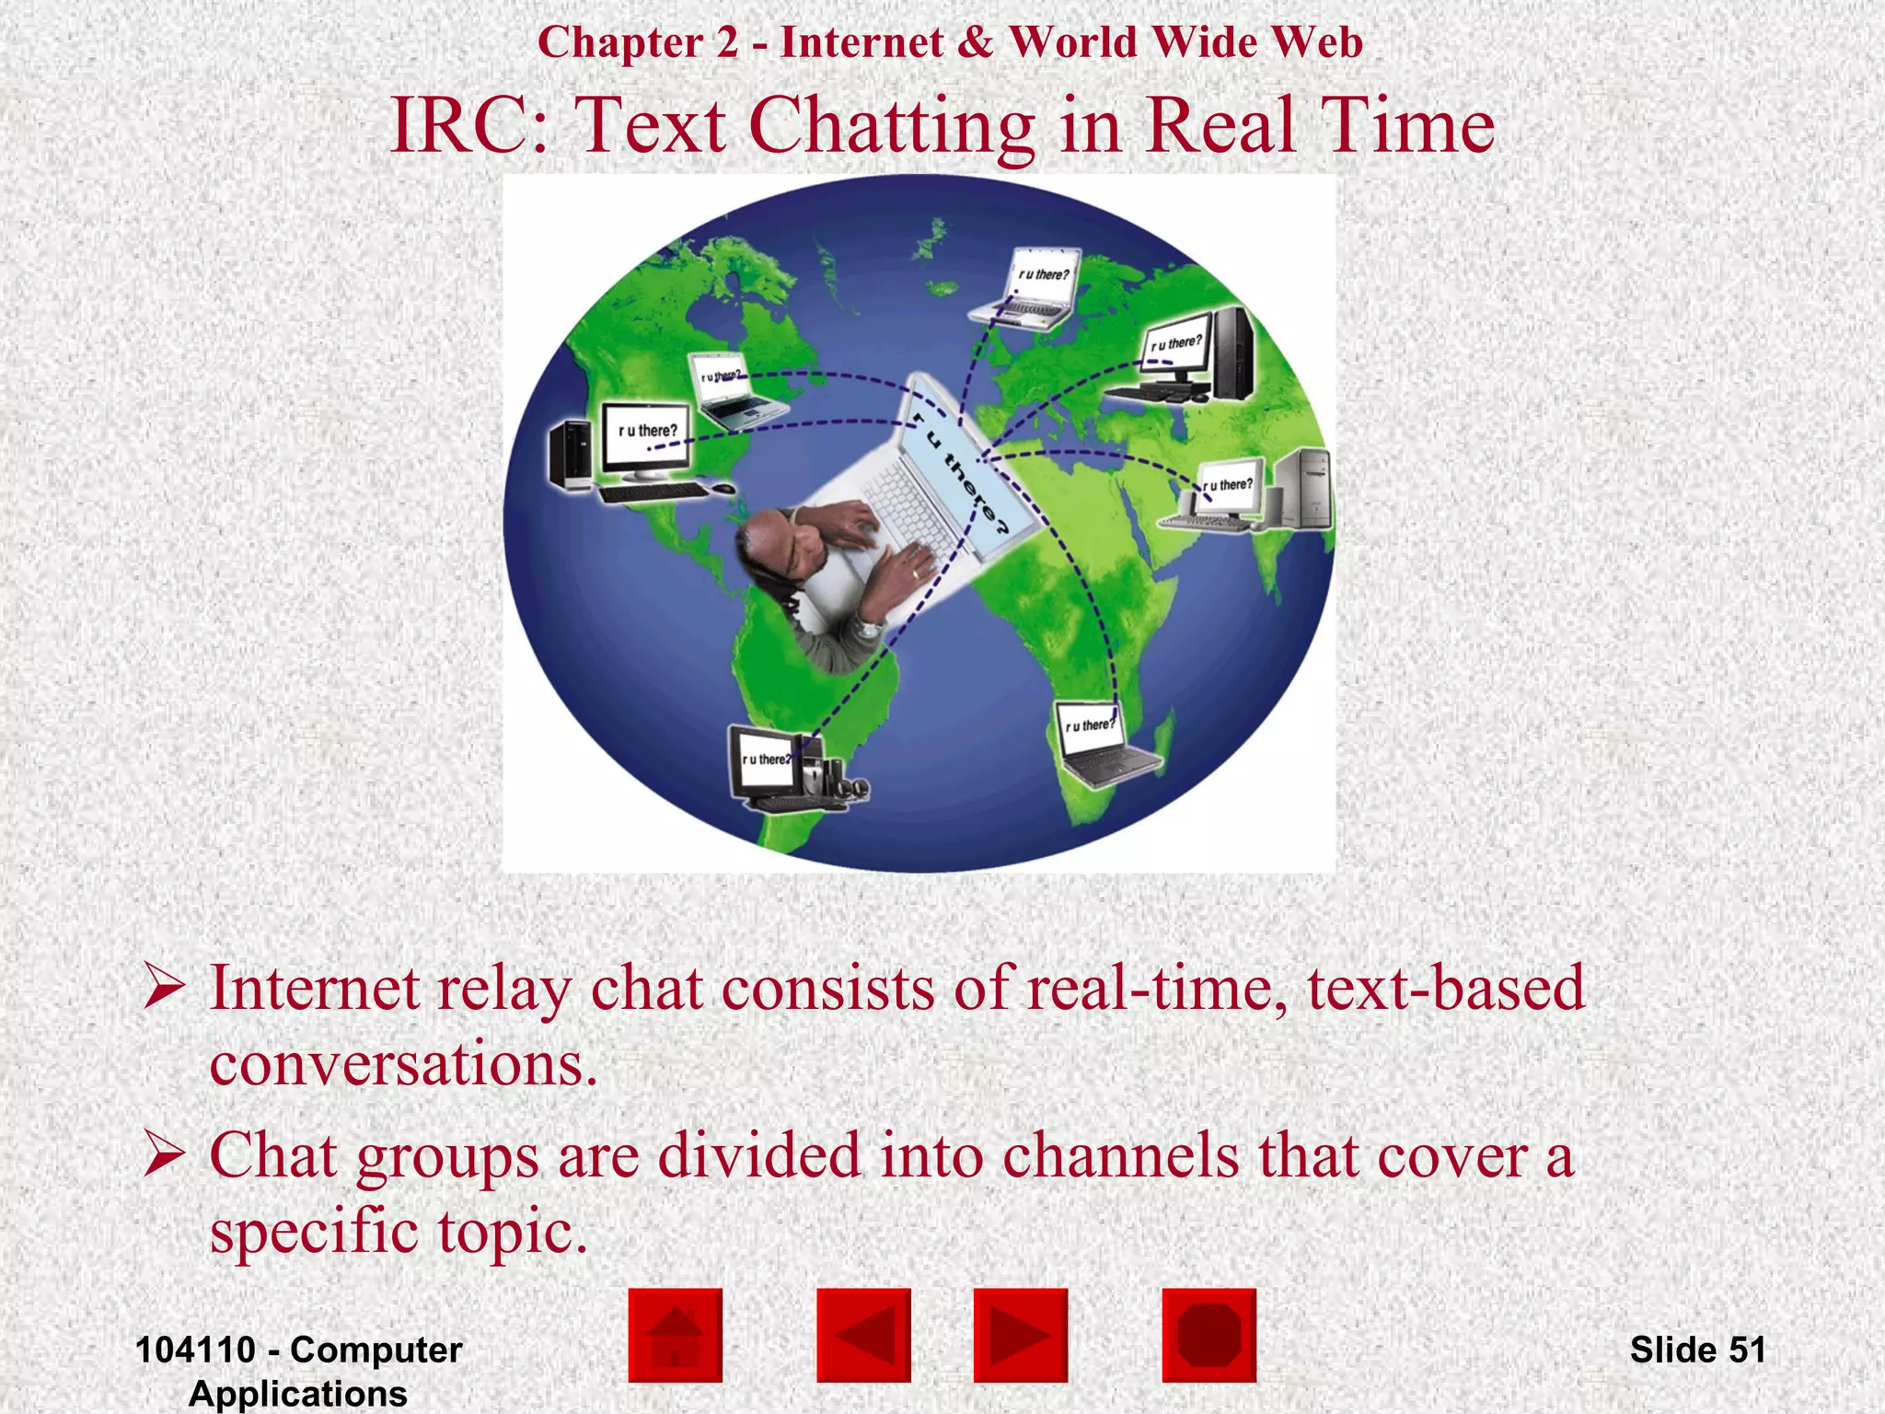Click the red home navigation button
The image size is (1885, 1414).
point(675,1335)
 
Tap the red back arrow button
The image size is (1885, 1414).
point(863,1335)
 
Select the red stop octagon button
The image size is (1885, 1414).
point(1208,1335)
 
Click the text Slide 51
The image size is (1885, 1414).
point(1697,1350)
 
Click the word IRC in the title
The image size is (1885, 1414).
point(469,125)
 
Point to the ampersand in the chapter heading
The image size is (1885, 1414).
point(975,42)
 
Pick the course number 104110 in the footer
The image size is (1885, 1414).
point(195,1350)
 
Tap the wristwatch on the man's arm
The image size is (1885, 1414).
point(867,628)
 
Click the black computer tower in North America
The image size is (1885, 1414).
point(569,455)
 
